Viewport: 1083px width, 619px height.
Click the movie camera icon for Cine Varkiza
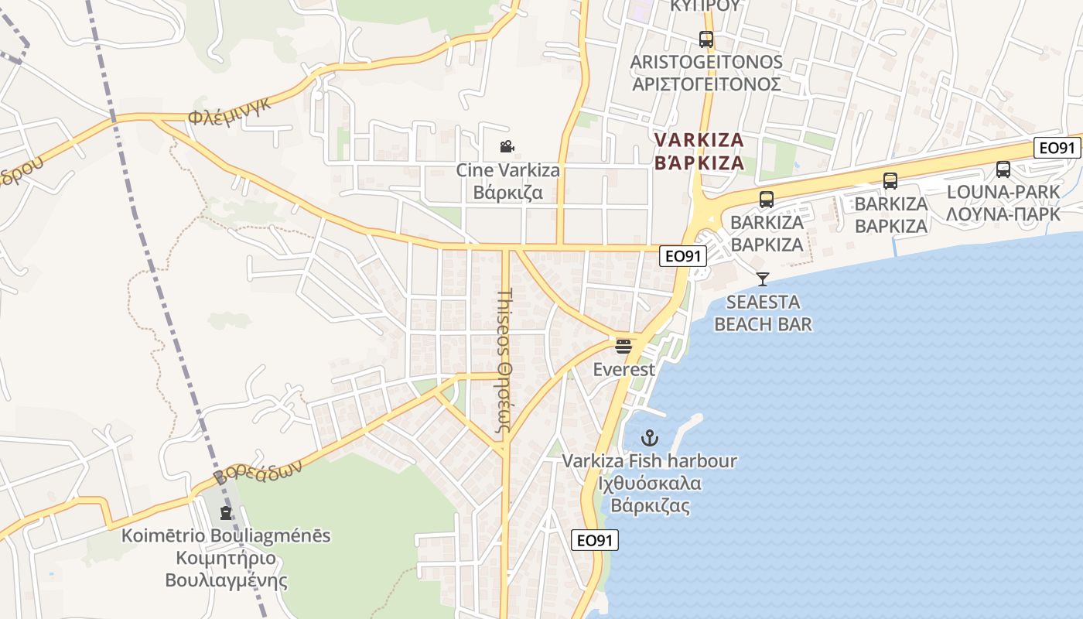coord(507,146)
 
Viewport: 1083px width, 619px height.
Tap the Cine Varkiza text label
coord(507,180)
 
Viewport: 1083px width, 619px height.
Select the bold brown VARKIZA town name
coord(699,151)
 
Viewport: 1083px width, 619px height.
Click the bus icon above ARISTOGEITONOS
coord(705,39)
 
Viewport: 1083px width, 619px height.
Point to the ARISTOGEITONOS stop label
coord(706,73)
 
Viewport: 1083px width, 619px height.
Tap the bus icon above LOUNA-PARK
coord(1003,169)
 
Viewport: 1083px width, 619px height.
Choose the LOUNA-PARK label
coord(1003,203)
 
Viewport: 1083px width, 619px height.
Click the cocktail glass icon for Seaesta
coord(763,279)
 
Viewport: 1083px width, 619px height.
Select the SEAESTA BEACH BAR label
coord(763,313)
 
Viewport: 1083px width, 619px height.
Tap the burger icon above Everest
coord(623,346)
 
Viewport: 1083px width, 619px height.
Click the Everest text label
coord(623,369)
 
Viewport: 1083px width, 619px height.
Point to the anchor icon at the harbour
coord(649,438)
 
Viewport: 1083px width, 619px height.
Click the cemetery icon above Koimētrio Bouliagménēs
coord(226,512)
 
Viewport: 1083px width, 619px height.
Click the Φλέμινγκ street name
coord(231,113)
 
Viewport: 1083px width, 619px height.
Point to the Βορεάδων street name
coord(257,466)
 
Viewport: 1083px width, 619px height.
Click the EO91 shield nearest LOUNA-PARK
coord(1057,148)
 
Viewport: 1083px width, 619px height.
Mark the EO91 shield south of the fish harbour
coord(595,540)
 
